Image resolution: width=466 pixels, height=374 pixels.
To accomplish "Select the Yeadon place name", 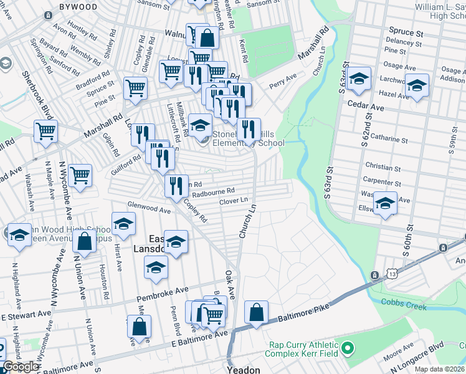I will click(x=244, y=369).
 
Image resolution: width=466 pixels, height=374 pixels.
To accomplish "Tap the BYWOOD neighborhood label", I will click(x=78, y=7).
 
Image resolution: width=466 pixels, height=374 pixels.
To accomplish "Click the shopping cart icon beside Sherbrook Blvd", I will click(x=46, y=133).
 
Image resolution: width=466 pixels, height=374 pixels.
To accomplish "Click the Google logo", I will click(x=21, y=367).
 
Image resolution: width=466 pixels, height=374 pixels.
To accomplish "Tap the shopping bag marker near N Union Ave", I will click(x=84, y=241).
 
